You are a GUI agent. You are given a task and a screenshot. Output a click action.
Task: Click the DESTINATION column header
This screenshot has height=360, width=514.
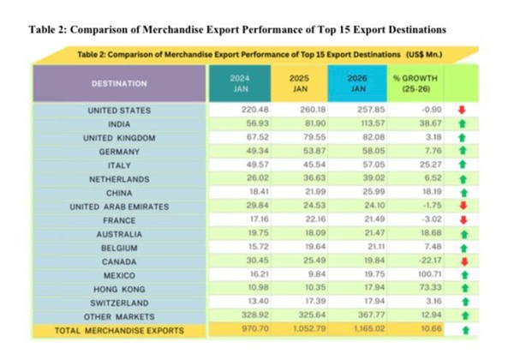pyautogui.click(x=119, y=83)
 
